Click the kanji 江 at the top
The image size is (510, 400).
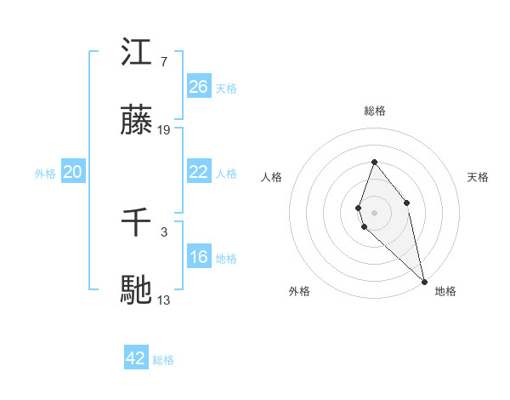coord(137,54)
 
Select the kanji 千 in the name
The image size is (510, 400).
coord(137,224)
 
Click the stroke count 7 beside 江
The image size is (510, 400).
coord(164,62)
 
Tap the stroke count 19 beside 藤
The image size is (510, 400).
coord(164,130)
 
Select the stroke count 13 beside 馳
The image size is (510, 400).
coord(164,300)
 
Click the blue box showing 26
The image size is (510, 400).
coord(199,87)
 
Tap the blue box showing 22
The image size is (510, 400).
coord(199,172)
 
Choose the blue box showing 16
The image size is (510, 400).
coord(199,257)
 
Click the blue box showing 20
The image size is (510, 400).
coord(73,172)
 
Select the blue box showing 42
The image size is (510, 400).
coord(136,358)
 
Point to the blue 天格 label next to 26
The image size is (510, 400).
coord(226,88)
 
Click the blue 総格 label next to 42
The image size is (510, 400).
coord(163,360)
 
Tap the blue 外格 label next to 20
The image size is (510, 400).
coord(45,173)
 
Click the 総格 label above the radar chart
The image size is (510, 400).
coord(374,111)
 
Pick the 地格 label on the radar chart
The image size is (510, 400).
coord(445,291)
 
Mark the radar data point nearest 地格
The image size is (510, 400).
coord(424,281)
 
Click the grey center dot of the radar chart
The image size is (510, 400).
coord(374,212)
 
